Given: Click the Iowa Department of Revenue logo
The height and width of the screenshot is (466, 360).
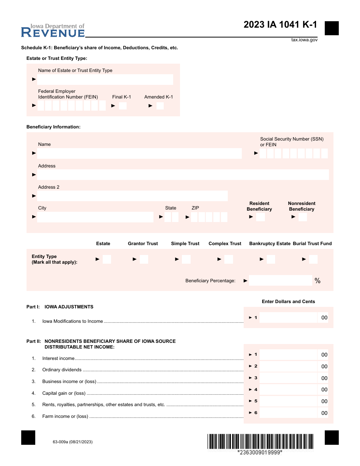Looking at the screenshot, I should coord(53,31).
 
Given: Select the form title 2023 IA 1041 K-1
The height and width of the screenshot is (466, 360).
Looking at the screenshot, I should coord(280,25).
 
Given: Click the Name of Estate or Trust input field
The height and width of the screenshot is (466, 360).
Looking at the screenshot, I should coord(105,80).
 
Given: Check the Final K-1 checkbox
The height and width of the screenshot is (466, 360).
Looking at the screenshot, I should coord(123,106).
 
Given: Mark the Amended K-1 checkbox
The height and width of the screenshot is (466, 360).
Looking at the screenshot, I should coord(160,106).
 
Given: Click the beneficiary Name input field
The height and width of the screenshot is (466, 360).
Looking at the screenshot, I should coord(139,153).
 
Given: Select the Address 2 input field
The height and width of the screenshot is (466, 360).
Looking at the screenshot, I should coord(132,196).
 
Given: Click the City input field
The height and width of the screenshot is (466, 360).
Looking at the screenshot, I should coord(95,217).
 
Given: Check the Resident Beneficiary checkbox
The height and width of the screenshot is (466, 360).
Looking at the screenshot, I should coord(260,217).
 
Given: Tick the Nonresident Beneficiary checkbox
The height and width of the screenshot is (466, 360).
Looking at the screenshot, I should coord(302,217).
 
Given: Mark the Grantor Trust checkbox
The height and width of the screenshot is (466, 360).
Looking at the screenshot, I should coord(144,259).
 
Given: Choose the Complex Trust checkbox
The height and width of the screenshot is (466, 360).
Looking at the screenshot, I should coord(229,259).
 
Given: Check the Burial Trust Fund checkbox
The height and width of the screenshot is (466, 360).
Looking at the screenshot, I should coord(313,259).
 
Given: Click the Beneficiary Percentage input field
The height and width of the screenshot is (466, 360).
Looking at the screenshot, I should coord(280,281).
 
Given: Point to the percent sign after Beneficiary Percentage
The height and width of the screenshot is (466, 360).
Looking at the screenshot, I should coord(318,281).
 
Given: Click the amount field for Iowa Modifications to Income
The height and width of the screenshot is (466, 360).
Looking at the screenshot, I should coord(288,318).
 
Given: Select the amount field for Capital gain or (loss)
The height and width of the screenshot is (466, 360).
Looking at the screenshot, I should coord(288,389).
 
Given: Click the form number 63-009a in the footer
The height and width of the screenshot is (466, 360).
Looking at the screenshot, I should coord(73,442).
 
